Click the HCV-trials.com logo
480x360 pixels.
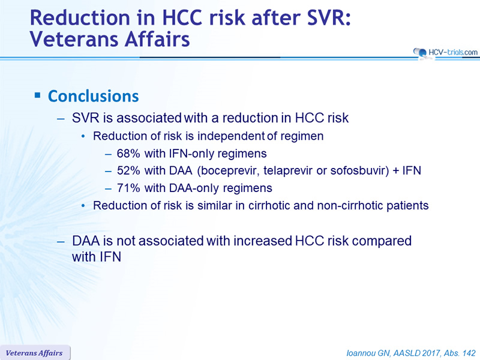(445, 53)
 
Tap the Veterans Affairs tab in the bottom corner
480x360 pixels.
(34, 353)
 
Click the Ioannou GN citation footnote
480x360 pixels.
(411, 353)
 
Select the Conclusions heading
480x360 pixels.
(94, 96)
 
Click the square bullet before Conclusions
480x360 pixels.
(37, 95)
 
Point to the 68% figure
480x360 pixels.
(128, 154)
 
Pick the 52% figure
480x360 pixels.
(128, 170)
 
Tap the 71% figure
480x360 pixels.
(128, 188)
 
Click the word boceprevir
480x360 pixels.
(228, 171)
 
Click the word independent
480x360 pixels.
(231, 136)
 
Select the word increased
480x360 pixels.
(263, 241)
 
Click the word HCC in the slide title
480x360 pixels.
(182, 18)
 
